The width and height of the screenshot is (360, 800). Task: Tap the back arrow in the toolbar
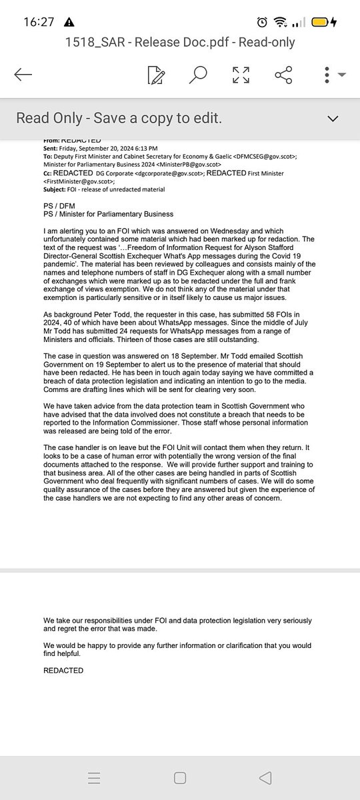coord(23,75)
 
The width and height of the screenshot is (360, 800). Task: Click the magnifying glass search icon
coord(197,75)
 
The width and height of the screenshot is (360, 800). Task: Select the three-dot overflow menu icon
coord(328,75)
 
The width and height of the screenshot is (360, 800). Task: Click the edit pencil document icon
coord(155,75)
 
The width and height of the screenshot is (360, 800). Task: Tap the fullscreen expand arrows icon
coord(241,75)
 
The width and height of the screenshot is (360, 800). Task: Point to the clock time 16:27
coord(38,21)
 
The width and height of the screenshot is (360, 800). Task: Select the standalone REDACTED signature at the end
coord(63,670)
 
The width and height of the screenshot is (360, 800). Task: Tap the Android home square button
coord(179,777)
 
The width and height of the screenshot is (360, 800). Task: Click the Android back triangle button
coord(265,777)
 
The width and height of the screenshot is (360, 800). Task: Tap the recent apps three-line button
coord(94,777)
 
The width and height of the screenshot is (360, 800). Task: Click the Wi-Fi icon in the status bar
coord(286,21)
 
